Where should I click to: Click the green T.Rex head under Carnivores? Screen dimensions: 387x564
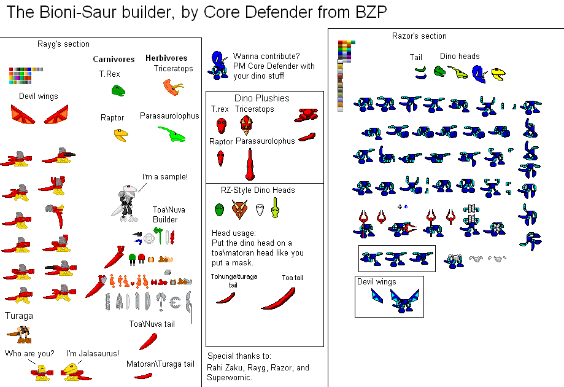click(118, 90)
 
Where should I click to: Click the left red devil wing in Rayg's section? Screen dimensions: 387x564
click(23, 114)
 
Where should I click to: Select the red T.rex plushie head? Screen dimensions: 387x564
click(221, 125)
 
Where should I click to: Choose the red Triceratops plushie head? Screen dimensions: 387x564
click(247, 125)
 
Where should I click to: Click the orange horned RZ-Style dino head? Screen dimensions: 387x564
click(239, 209)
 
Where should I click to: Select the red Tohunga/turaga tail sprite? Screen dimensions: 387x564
click(225, 298)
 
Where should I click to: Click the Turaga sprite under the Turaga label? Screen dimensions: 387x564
click(21, 335)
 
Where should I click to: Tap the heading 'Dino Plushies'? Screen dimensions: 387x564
click(261, 98)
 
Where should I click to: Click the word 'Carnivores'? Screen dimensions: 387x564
click(114, 60)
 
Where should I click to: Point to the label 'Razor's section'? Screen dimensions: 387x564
click(419, 36)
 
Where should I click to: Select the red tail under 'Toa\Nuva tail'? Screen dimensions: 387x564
click(149, 340)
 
